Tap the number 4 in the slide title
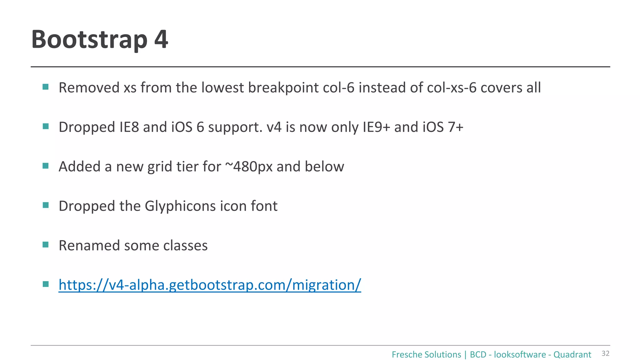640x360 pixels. pyautogui.click(x=161, y=39)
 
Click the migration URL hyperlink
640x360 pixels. pyautogui.click(x=210, y=285)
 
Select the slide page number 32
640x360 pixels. pyautogui.click(x=605, y=353)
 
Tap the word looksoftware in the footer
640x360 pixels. pyautogui.click(x=519, y=355)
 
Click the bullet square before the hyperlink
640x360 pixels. pyautogui.click(x=46, y=284)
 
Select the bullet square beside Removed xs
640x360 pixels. pyautogui.click(x=46, y=87)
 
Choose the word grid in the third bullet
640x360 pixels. pyautogui.click(x=160, y=167)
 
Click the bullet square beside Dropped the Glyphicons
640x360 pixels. pyautogui.click(x=46, y=205)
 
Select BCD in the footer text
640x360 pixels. pyautogui.click(x=478, y=355)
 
